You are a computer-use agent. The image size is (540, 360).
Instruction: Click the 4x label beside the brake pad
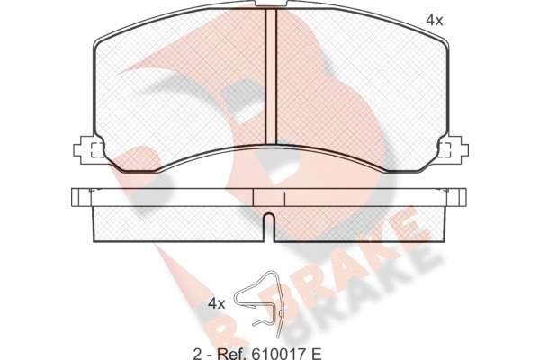435,21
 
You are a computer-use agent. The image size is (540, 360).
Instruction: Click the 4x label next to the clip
217,304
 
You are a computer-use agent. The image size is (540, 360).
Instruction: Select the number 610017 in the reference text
274,353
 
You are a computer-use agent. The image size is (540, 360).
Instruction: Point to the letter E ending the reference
316,353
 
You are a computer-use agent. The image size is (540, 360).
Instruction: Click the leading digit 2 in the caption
197,353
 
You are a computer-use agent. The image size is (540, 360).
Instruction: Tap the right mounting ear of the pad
454,149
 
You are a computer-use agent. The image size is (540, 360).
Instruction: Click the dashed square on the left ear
97,150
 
